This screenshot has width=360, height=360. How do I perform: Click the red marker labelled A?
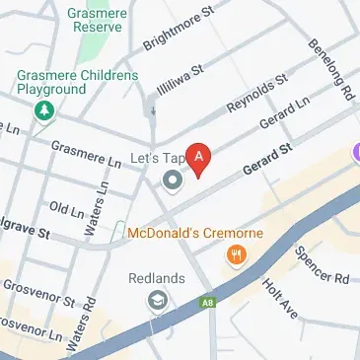[200, 158]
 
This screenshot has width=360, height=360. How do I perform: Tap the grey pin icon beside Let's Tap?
[173, 180]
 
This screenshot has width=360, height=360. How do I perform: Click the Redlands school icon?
[156, 299]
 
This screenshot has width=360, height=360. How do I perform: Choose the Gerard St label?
[270, 158]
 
